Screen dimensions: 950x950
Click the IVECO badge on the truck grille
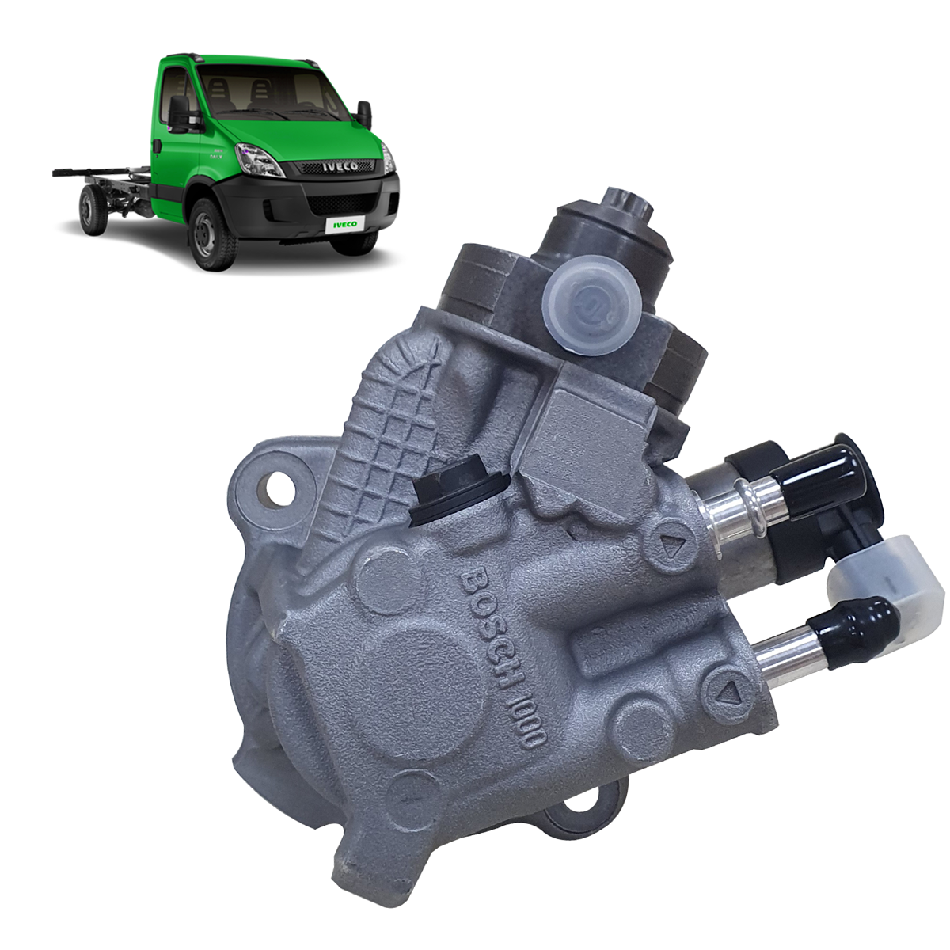click(338, 166)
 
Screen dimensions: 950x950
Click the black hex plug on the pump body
click(450, 491)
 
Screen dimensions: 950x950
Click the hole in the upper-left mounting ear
click(278, 484)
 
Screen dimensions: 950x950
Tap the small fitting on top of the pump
click(625, 202)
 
